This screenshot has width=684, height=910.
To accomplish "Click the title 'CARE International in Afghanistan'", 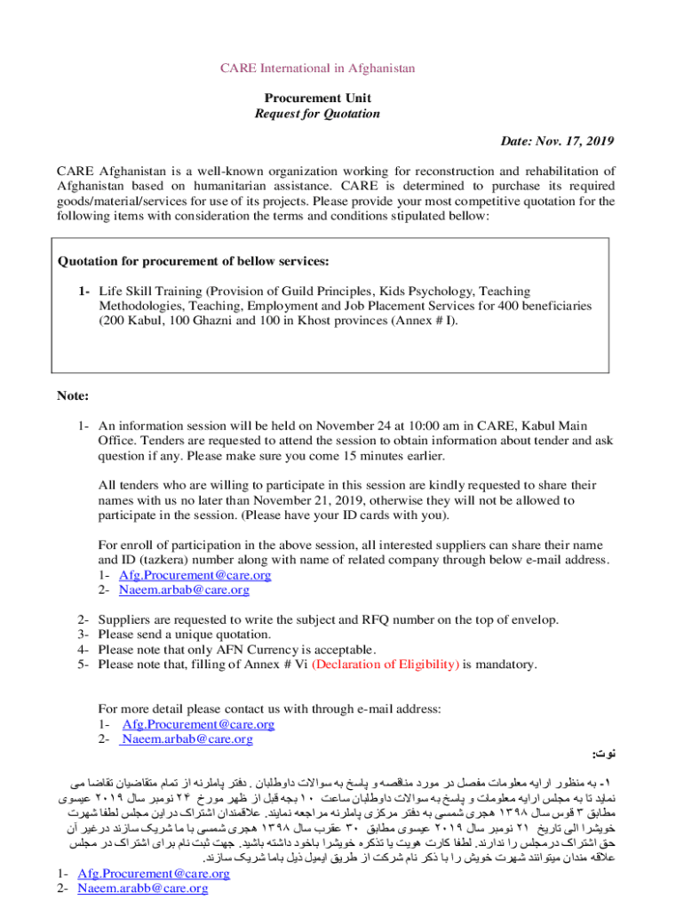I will (x=317, y=68).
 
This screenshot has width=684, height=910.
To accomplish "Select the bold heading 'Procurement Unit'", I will (x=317, y=98).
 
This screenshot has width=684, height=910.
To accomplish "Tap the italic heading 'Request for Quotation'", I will (x=317, y=114).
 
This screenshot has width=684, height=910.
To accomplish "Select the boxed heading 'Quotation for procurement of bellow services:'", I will (x=194, y=261).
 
